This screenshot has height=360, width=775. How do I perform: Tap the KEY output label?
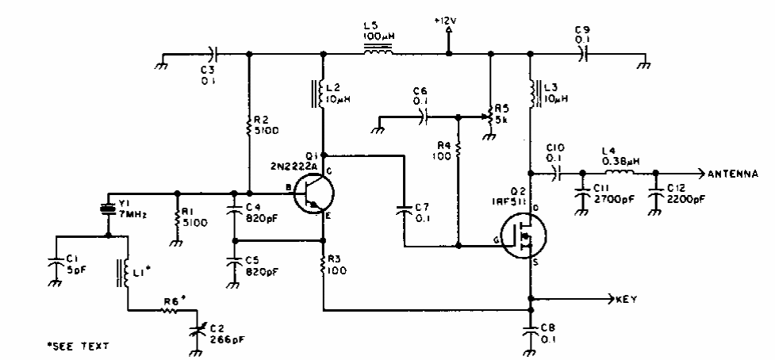point(628,300)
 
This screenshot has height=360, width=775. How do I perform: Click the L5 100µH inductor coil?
point(380,54)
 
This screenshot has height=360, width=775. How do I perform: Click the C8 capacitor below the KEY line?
point(530,328)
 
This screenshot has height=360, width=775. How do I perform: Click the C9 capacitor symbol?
point(582,54)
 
